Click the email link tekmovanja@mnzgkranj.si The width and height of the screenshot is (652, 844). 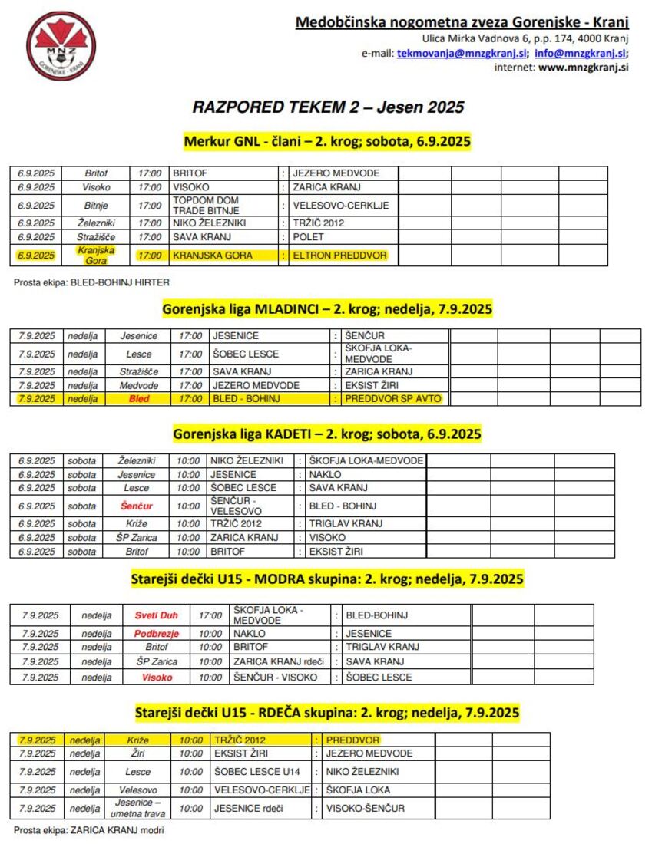461,53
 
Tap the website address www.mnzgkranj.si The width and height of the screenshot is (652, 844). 584,67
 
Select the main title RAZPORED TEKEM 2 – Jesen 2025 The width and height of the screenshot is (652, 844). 328,107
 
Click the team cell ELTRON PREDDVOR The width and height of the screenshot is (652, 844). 339,255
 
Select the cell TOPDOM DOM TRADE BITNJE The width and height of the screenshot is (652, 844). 206,205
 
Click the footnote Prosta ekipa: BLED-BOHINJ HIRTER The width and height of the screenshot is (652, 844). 91,282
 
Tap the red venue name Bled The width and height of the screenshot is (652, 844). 139,399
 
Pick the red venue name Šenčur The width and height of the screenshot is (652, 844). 137,506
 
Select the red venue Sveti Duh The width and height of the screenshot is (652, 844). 156,615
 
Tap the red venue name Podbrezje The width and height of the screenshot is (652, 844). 156,634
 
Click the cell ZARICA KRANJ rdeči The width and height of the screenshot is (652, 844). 279,661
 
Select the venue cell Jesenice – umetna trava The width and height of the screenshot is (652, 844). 138,808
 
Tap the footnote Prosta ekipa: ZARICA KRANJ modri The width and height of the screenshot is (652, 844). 89,829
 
